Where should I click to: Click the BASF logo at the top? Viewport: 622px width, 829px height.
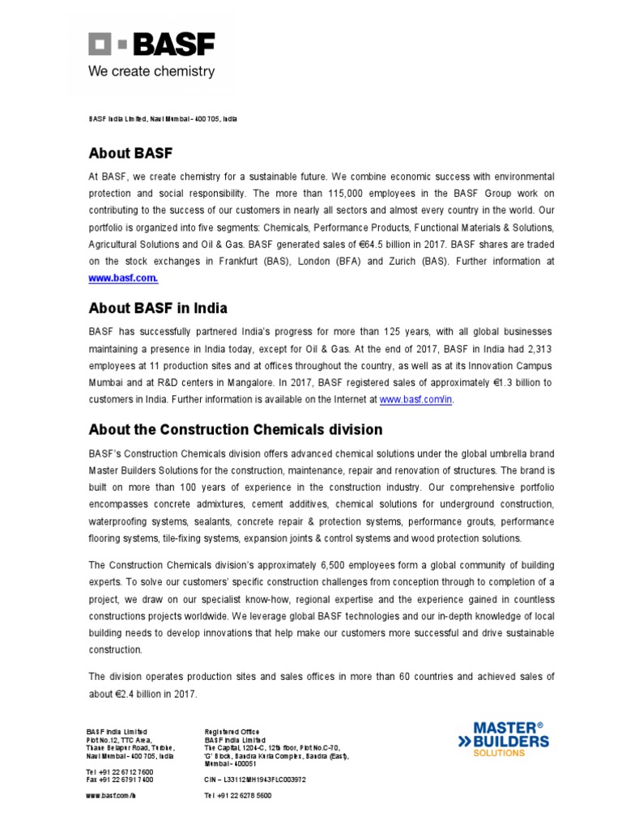pos(151,45)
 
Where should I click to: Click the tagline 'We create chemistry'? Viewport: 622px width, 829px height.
pos(151,71)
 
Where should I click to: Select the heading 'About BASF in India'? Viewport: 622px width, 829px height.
pos(158,308)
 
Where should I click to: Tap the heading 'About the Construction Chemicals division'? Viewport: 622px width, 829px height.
pos(235,430)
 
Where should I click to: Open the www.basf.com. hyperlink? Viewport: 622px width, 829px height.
pos(123,278)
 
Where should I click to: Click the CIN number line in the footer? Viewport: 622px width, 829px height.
pos(255,780)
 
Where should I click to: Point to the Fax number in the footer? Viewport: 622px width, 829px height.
pos(119,780)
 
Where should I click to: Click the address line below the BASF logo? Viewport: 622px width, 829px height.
pos(162,119)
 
